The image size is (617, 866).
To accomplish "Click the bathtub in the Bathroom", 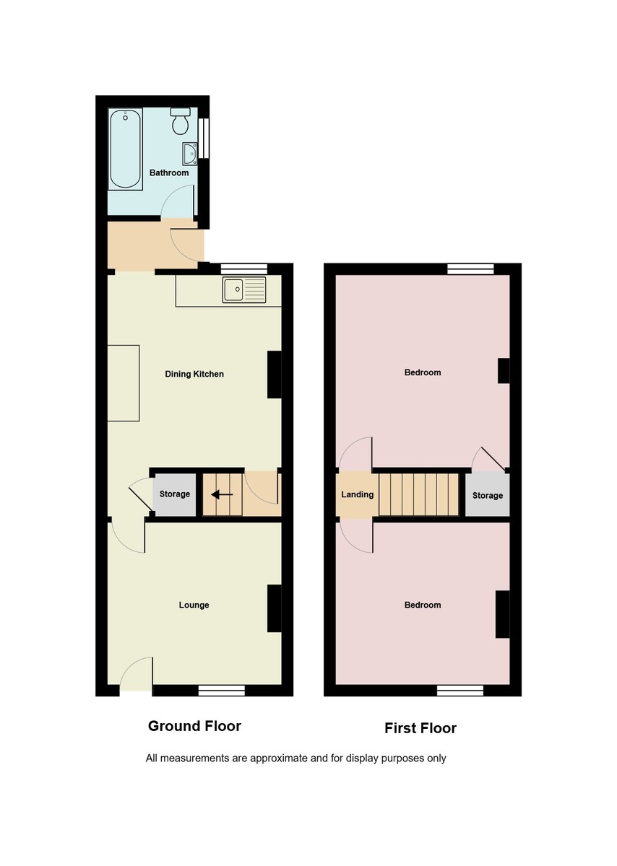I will pos(126,149).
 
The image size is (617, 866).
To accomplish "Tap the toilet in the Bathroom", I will pos(181,121).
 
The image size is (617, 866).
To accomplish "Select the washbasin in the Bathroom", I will pos(189,153).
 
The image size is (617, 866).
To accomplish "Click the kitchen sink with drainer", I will pos(244,289).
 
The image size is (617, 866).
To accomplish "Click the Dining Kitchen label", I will pos(194,374).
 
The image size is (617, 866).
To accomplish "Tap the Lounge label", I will pos(194,605).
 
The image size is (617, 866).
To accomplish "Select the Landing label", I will pos(357,494).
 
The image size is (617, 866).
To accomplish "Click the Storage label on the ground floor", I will pos(174,494).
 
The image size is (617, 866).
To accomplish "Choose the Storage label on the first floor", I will pos(487,496).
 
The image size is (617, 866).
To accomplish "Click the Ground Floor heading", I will pos(194,726).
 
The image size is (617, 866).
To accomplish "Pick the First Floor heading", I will pos(420,728).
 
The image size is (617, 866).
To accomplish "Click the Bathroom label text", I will pos(169,173).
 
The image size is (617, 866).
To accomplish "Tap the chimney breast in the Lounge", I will pos(275,608).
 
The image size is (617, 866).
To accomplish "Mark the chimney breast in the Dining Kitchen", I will pos(275,375).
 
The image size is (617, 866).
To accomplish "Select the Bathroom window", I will pos(204,137).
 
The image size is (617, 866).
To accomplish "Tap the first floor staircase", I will pos(419,495).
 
